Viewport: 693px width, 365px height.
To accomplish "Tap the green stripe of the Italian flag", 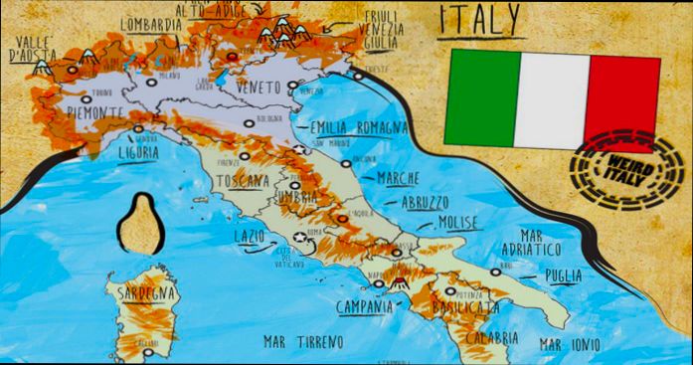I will pos(481,96).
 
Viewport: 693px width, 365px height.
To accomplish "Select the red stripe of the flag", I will pos(622,97).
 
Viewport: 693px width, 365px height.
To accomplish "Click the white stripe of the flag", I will pos(552,97).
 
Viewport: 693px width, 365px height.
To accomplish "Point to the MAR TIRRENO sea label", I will pos(303,341).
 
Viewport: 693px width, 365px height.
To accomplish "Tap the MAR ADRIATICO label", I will pos(560,240).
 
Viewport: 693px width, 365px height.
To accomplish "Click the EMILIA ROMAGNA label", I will pos(358,128).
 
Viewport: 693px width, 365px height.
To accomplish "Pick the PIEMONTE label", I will pos(94,111).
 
